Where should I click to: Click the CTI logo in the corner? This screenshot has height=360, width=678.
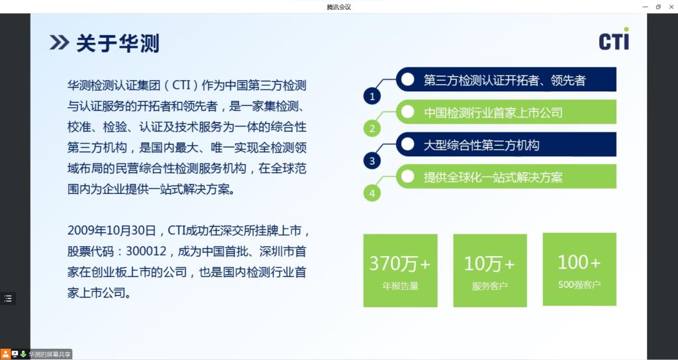pos(614,38)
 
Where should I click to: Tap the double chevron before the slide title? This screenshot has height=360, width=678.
pos(59,42)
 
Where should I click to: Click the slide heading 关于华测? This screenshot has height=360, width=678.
pos(118,43)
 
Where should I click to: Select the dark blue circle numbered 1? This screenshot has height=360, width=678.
pos(372,97)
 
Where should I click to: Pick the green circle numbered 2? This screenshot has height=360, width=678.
pos(372,129)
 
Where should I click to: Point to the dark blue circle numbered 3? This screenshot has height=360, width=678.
pos(372,161)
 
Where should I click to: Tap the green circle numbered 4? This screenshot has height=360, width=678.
pos(372,193)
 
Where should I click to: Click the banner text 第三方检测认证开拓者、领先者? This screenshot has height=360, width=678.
pos(505,80)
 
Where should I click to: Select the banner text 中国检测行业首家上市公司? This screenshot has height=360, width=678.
pos(493,112)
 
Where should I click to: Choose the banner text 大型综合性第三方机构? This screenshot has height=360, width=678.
pos(482,145)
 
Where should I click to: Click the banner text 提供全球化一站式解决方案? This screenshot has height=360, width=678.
pos(493,177)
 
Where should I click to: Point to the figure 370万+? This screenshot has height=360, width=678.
pos(399,263)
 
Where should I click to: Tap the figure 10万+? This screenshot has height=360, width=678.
pos(489,263)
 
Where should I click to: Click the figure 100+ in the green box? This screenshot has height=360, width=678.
pos(579,262)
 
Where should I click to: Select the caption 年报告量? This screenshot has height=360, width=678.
pos(400,286)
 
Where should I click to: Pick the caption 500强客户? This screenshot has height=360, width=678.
pos(579,285)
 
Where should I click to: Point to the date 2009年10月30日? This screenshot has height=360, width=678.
pos(111,230)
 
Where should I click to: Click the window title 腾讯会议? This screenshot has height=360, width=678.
pos(339,7)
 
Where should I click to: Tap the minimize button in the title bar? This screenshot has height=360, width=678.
pos(645,7)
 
